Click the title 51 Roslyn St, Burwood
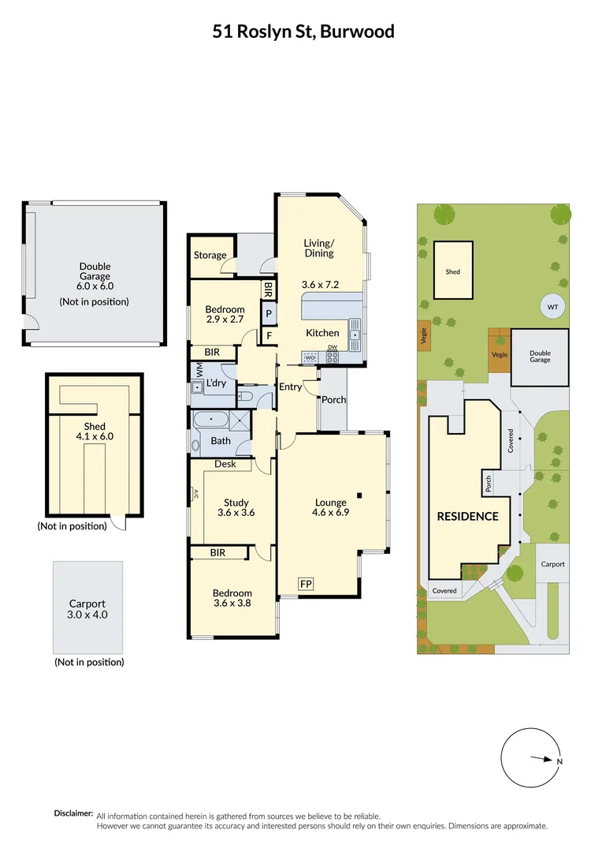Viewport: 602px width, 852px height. pyautogui.click(x=303, y=32)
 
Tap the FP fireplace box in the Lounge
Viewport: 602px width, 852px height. pyautogui.click(x=306, y=584)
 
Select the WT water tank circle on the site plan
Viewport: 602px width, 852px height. pyautogui.click(x=552, y=307)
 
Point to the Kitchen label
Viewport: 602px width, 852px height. pyautogui.click(x=322, y=333)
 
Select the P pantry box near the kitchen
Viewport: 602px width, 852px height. pyautogui.click(x=269, y=313)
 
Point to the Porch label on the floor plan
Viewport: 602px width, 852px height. pyautogui.click(x=333, y=400)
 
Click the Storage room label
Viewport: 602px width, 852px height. pyautogui.click(x=210, y=256)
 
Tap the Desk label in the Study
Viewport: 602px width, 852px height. pyautogui.click(x=225, y=465)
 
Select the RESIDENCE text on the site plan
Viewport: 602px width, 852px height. pyautogui.click(x=468, y=517)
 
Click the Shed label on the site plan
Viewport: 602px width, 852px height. pyautogui.click(x=452, y=272)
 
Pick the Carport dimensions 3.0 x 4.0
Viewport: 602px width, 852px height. pyautogui.click(x=87, y=615)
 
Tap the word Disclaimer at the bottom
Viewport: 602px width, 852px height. pyautogui.click(x=73, y=813)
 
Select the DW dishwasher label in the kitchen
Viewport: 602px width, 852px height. pyautogui.click(x=332, y=348)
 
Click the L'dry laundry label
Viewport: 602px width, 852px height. pyautogui.click(x=216, y=383)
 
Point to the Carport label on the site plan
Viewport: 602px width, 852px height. pyautogui.click(x=552, y=565)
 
